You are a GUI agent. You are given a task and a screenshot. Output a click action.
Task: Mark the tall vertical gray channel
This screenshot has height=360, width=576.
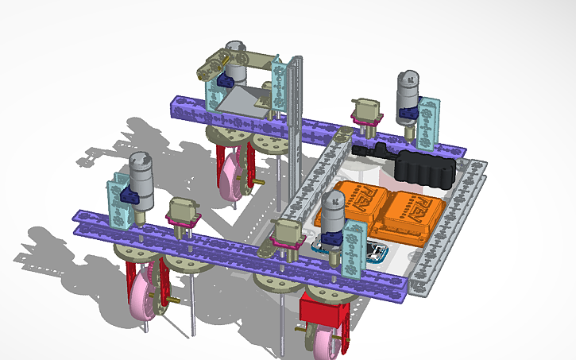coord(296,127)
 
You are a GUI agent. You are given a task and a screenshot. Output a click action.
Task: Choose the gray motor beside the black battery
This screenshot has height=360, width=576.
coord(407,91)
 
